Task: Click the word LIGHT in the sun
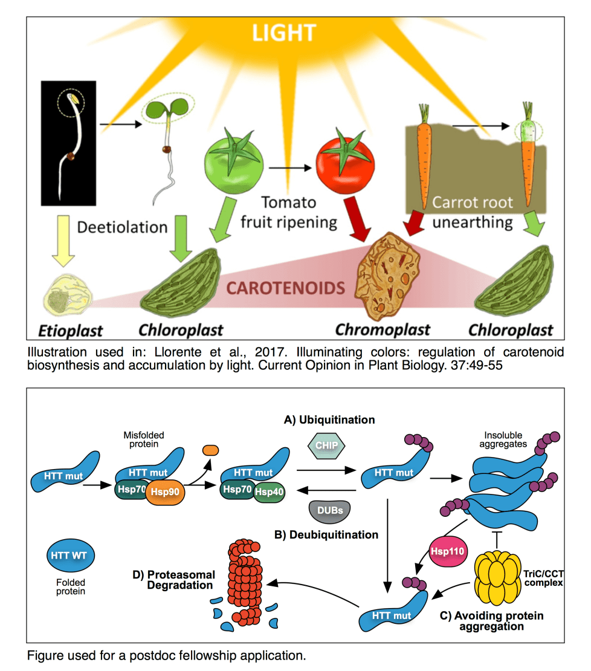pos(283,34)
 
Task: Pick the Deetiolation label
pos(123,227)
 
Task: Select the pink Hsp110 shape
pos(448,552)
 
